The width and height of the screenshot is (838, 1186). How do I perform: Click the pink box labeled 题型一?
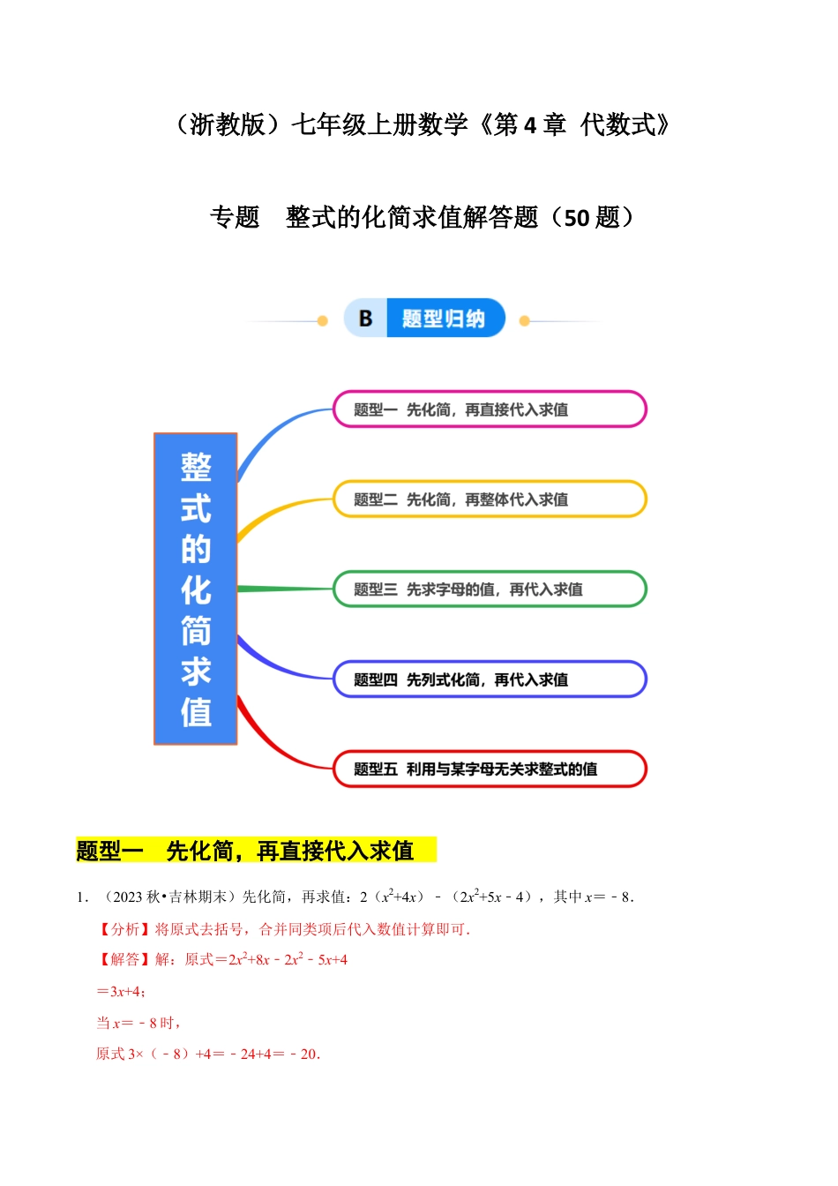[x=490, y=409]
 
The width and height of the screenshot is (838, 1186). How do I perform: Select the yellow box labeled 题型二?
[x=490, y=499]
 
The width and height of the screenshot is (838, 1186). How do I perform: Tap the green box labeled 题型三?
[x=490, y=589]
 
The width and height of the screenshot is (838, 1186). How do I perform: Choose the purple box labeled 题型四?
[x=490, y=679]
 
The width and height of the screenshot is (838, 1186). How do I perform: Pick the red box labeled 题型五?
[x=490, y=769]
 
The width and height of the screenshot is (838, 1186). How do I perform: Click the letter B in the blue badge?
[x=365, y=319]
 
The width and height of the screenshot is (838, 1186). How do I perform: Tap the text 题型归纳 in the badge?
[x=443, y=319]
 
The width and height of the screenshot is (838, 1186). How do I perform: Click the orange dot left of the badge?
[x=322, y=321]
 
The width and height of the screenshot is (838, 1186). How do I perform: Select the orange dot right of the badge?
[x=525, y=321]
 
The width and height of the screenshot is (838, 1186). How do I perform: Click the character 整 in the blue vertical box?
[x=196, y=468]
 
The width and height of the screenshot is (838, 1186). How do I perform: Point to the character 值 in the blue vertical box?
[x=196, y=712]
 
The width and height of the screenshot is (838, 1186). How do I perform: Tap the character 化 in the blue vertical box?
[x=196, y=590]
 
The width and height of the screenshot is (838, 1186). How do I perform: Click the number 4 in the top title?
[x=529, y=125]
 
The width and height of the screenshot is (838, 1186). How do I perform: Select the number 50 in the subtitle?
[x=576, y=217]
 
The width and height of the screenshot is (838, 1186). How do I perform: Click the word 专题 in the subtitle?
[x=235, y=217]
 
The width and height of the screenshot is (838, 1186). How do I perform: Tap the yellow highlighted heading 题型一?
[x=109, y=851]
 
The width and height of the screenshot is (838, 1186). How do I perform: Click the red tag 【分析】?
[x=124, y=929]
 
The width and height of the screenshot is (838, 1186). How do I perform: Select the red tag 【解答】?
[x=124, y=960]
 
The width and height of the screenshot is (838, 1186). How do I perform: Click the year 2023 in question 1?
[x=128, y=897]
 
